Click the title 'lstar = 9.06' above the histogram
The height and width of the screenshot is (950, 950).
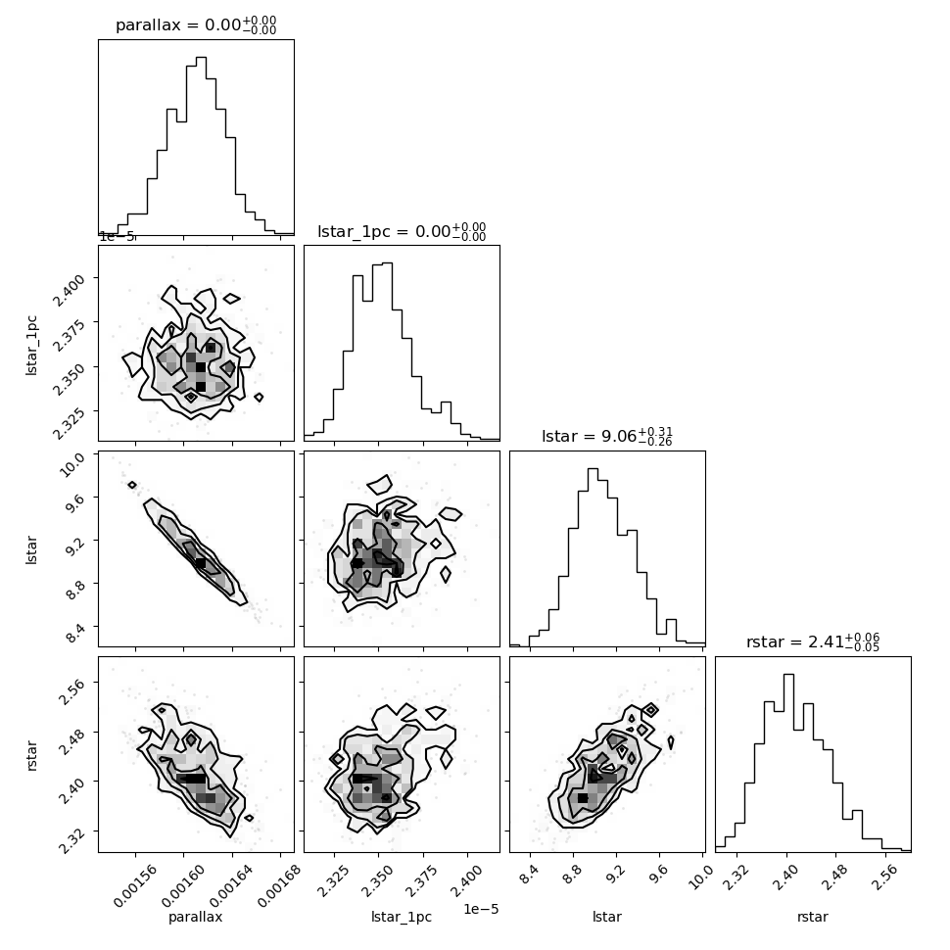[607, 436]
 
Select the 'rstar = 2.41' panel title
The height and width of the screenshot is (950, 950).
[813, 641]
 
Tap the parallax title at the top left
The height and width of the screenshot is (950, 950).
[196, 25]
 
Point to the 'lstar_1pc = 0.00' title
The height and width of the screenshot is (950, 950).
[402, 231]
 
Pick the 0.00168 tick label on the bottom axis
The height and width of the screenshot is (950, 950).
[279, 885]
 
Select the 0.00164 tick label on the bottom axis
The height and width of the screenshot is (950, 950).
[231, 885]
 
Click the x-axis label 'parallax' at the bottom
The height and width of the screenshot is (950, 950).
[196, 917]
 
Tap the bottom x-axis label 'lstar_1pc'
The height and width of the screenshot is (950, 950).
[402, 917]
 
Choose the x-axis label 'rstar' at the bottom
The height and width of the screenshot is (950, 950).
[813, 917]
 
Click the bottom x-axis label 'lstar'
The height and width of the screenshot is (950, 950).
[607, 917]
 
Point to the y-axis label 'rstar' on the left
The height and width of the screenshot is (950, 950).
[31, 755]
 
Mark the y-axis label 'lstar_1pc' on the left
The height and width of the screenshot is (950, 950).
[31, 345]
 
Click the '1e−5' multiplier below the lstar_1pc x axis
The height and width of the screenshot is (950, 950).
[481, 910]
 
